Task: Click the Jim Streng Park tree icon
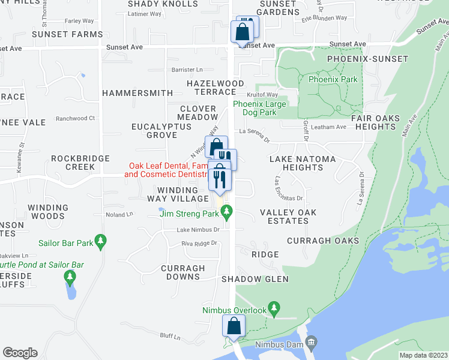pos(226,211)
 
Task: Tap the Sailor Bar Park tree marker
pos(100,242)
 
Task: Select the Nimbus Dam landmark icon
pos(311,344)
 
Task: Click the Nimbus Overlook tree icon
pos(274,310)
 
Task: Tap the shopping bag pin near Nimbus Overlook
pos(234,327)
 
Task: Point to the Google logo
pos(20,353)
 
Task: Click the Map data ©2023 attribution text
pos(423,355)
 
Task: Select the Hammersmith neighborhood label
pos(137,93)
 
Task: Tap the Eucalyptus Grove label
pos(161,131)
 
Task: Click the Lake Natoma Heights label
pos(297,163)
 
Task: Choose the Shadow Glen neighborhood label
pos(255,279)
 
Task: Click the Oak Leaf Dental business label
pos(165,170)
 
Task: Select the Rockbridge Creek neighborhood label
pos(80,163)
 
